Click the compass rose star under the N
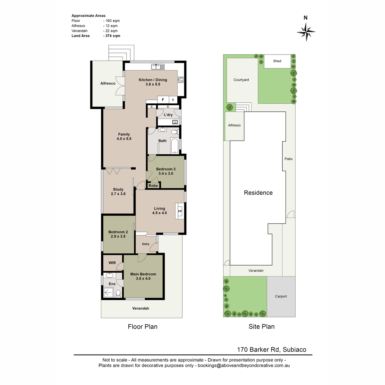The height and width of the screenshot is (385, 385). point(306,32)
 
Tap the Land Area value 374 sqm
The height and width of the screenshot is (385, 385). point(112,36)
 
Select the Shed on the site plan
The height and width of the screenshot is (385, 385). point(277,61)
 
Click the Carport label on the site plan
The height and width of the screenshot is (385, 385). point(281,296)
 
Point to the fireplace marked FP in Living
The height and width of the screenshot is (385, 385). point(180,211)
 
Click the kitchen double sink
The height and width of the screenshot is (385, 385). point(158,67)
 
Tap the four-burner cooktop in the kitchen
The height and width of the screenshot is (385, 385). point(181,80)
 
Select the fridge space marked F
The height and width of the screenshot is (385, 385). point(163,99)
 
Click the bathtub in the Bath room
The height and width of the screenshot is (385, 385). point(175,145)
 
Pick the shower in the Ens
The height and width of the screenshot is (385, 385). point(108,293)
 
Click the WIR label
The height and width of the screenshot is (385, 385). point(112,263)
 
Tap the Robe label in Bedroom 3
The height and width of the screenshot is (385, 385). point(153,186)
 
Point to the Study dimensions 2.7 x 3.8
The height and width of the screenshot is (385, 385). point(118,193)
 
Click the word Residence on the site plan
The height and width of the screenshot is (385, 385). point(258,193)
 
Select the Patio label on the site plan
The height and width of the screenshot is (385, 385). point(288,159)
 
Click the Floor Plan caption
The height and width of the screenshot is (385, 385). point(143,327)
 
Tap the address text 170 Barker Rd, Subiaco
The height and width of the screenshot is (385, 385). point(271,350)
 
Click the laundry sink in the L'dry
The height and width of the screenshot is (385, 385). point(175,122)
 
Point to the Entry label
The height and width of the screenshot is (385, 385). point(146,244)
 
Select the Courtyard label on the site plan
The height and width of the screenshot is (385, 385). point(241,80)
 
